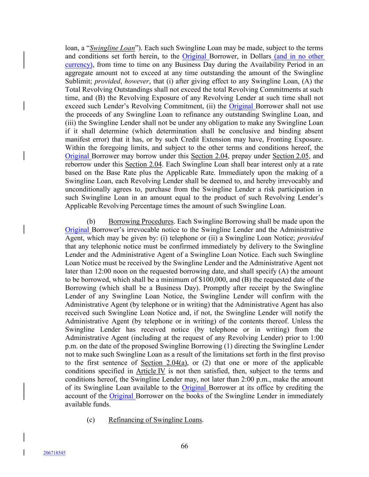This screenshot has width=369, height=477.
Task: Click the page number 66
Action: [184, 446]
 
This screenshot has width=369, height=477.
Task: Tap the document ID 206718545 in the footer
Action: [54, 453]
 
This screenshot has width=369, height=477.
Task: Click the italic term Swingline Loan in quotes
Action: [112, 48]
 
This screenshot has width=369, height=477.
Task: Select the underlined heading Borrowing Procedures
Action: [141, 222]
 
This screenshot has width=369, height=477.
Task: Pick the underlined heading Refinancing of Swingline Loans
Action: [155, 420]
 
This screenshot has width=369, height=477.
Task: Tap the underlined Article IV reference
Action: [150, 371]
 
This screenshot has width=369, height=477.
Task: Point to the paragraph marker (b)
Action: [91, 222]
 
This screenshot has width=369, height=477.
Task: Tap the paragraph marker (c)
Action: [91, 420]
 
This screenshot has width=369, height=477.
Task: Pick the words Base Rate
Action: [114, 173]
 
